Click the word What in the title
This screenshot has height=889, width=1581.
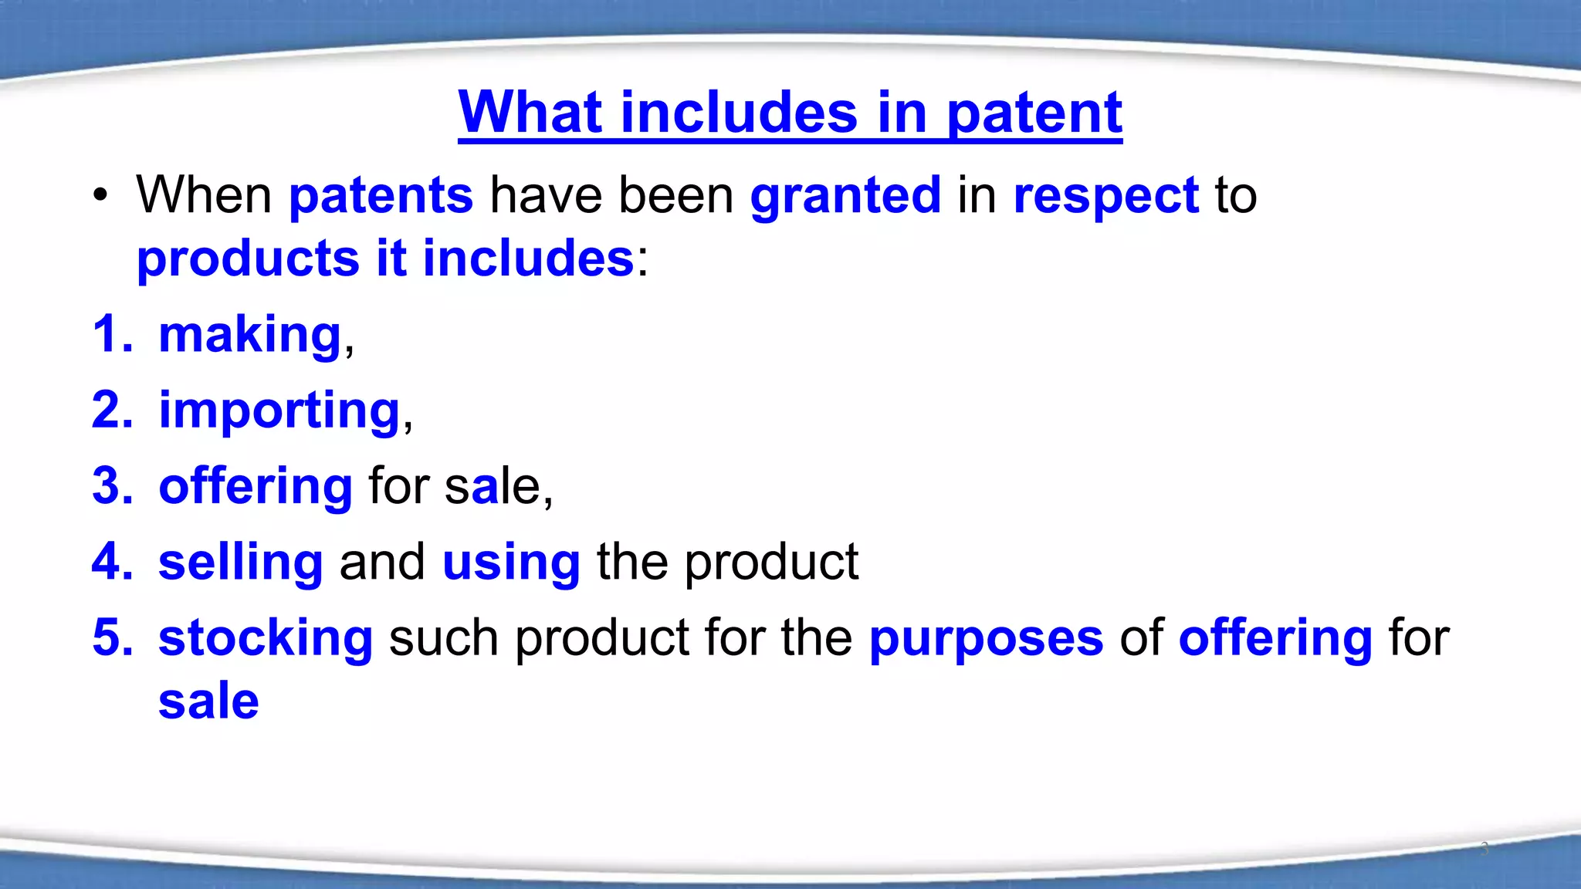pos(530,113)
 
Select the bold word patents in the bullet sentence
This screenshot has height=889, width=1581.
pos(381,196)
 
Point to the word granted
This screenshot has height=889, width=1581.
pos(845,196)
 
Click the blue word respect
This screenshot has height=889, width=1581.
pos(1105,196)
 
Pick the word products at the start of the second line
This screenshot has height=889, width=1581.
pos(248,259)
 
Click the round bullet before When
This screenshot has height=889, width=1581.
pos(100,196)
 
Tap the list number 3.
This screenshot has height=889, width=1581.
pos(111,486)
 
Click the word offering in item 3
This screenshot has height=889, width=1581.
pos(256,486)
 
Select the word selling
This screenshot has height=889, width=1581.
pos(240,563)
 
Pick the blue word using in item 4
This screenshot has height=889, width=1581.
pos(511,563)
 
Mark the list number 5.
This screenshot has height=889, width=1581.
pos(111,638)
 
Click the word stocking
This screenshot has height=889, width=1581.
pos(266,639)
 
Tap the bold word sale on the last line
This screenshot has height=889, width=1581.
pos(208,701)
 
